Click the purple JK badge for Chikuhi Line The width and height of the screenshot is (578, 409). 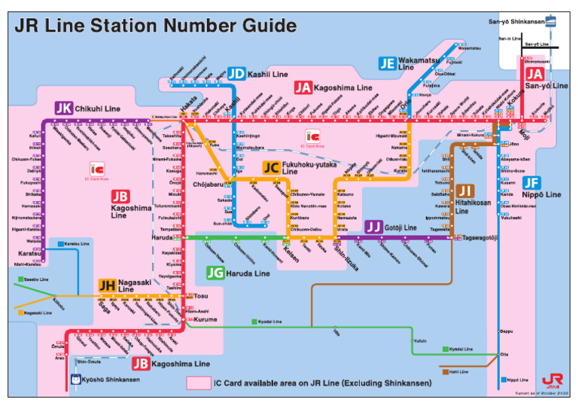(x=64, y=108)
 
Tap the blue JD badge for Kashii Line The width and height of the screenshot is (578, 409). (x=237, y=74)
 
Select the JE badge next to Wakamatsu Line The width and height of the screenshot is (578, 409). (x=388, y=63)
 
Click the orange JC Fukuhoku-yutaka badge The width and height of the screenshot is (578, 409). (x=271, y=168)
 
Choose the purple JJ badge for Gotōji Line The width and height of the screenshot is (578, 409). (x=373, y=227)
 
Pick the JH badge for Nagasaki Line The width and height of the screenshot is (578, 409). (x=106, y=285)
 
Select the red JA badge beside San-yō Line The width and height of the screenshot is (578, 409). (x=534, y=74)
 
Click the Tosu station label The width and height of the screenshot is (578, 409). (x=201, y=296)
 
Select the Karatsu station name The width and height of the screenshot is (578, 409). (x=29, y=254)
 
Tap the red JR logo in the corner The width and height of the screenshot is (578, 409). (x=550, y=380)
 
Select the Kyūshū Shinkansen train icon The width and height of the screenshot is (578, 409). (x=75, y=380)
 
